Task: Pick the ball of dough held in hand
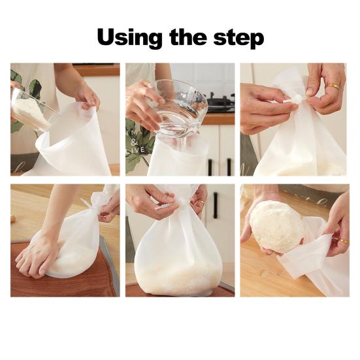277,225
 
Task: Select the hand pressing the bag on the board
39,255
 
